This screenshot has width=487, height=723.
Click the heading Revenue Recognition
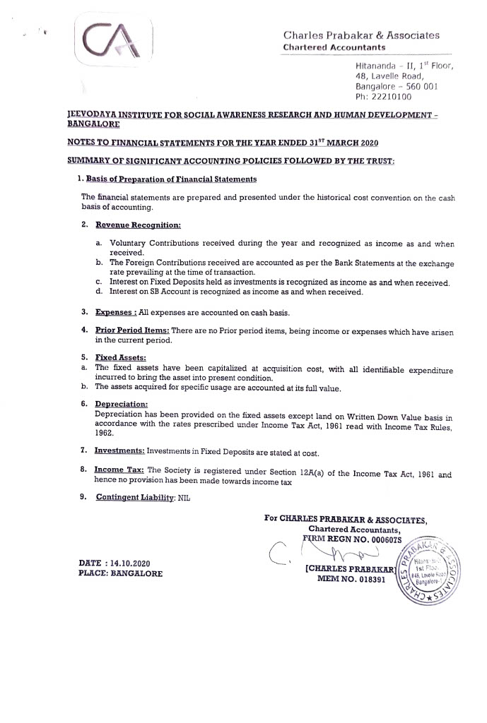pyautogui.click(x=138, y=225)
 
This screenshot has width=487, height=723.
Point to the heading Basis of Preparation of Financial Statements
pyautogui.click(x=171, y=179)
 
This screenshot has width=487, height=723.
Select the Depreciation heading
pyautogui.click(x=121, y=404)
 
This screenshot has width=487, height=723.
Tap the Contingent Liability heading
pyautogui.click(x=134, y=497)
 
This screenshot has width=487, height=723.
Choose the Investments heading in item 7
pyautogui.click(x=119, y=450)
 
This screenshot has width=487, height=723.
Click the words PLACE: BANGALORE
pyautogui.click(x=120, y=573)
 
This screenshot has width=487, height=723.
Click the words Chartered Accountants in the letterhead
pyautogui.click(x=334, y=47)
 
